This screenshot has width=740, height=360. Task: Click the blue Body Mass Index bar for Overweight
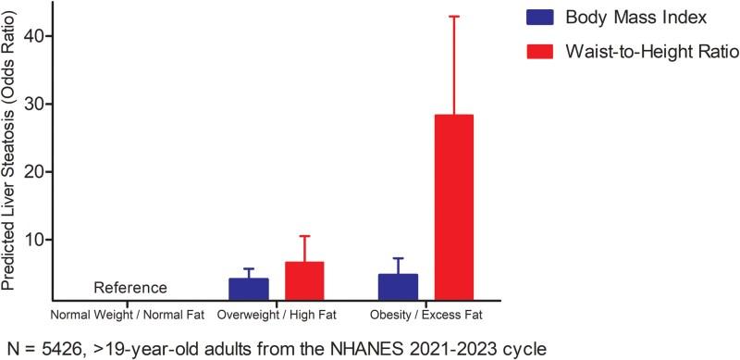248,289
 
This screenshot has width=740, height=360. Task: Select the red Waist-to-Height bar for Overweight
303,281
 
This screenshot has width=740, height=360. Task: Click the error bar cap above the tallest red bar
453,17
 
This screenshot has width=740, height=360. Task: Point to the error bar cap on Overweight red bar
303,236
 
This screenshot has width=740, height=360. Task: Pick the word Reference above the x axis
130,288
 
